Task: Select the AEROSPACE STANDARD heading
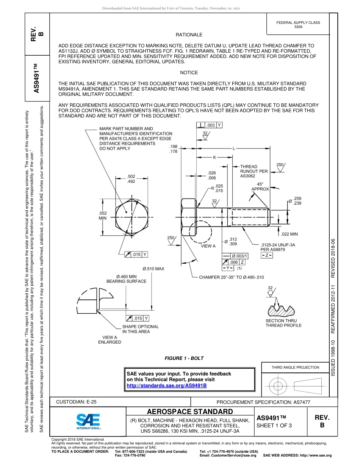[x=190, y=412]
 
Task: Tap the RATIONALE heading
[x=189, y=35]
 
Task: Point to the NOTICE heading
[x=189, y=73]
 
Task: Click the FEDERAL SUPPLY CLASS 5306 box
[x=298, y=25]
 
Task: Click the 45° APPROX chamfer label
[x=260, y=186]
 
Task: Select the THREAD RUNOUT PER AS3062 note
[x=254, y=171]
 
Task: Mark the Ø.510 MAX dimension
[x=153, y=269]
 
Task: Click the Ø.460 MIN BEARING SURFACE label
[x=126, y=279]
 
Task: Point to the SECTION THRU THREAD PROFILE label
[x=283, y=323]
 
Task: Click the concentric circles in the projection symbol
[x=279, y=386]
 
